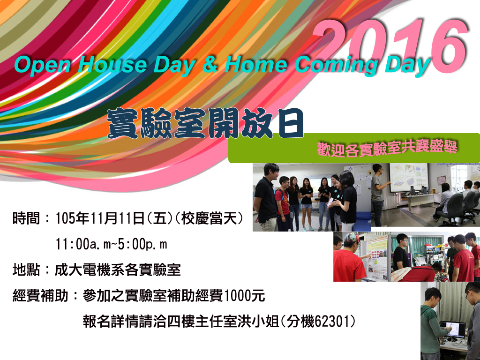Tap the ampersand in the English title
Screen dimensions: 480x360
[210, 65]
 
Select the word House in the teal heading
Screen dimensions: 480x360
[112, 65]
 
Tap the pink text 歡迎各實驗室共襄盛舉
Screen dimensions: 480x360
[387, 149]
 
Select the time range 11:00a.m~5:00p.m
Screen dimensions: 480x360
[112, 244]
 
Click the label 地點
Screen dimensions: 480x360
[26, 270]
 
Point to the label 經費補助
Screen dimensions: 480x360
[40, 296]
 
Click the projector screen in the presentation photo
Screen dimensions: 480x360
[408, 178]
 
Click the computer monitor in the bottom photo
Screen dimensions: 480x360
[452, 329]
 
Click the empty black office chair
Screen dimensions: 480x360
[450, 205]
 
